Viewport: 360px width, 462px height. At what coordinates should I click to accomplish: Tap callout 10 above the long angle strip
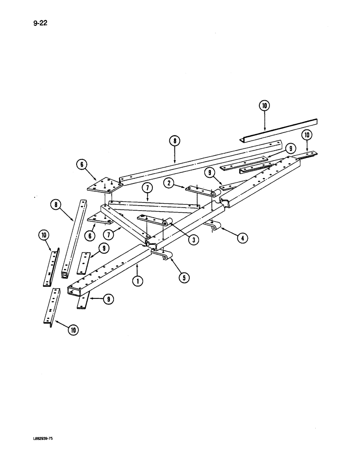(x=264, y=106)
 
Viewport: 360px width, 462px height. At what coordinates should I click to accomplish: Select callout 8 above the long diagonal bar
(x=174, y=141)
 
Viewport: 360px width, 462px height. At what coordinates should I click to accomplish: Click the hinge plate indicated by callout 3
(x=152, y=219)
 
